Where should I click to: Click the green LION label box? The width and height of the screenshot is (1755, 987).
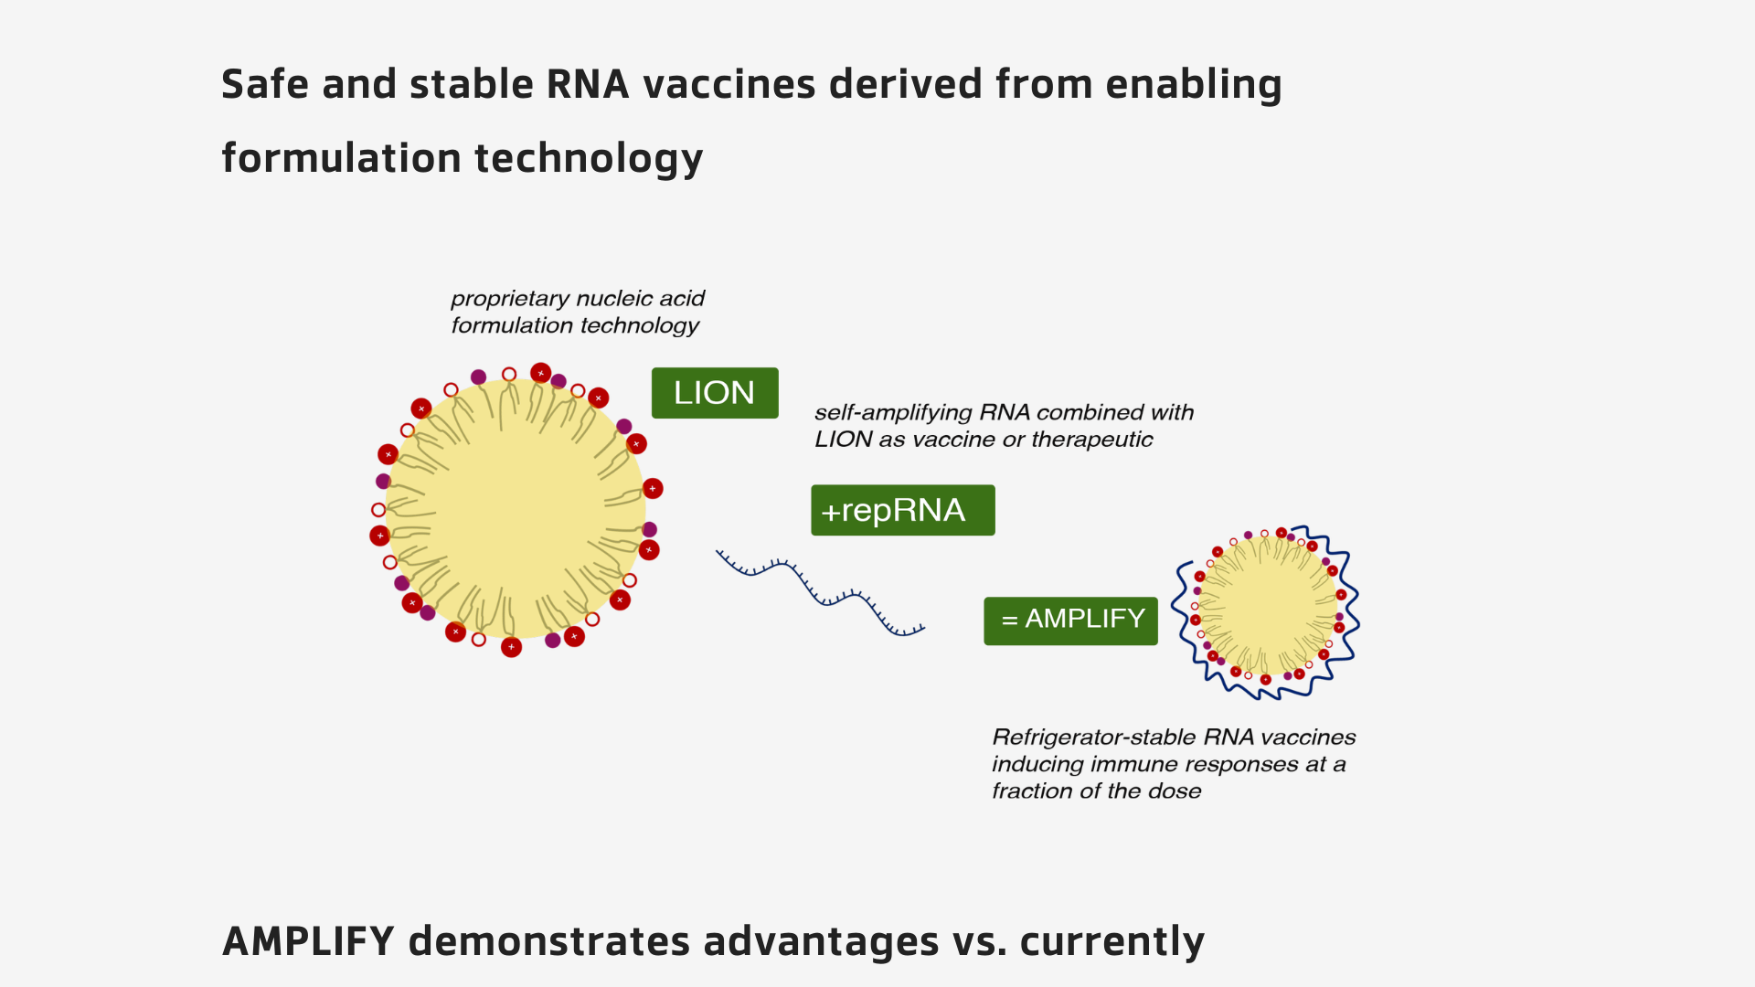pos(715,393)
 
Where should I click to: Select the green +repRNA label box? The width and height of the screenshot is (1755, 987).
pos(902,510)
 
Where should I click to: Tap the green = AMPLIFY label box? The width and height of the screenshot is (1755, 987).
pos(1070,621)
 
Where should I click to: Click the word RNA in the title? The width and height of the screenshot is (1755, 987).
pos(588,84)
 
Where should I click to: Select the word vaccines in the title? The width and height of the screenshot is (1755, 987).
pos(729,84)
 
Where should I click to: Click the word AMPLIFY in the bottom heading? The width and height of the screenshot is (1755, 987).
pos(308,941)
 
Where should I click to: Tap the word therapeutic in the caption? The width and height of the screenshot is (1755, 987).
pos(1091,440)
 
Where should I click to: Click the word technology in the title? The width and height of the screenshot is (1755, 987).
pos(589,158)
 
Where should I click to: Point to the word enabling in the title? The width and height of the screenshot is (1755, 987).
pos(1193,84)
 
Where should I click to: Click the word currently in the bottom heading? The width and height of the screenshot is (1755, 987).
pos(1111,941)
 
